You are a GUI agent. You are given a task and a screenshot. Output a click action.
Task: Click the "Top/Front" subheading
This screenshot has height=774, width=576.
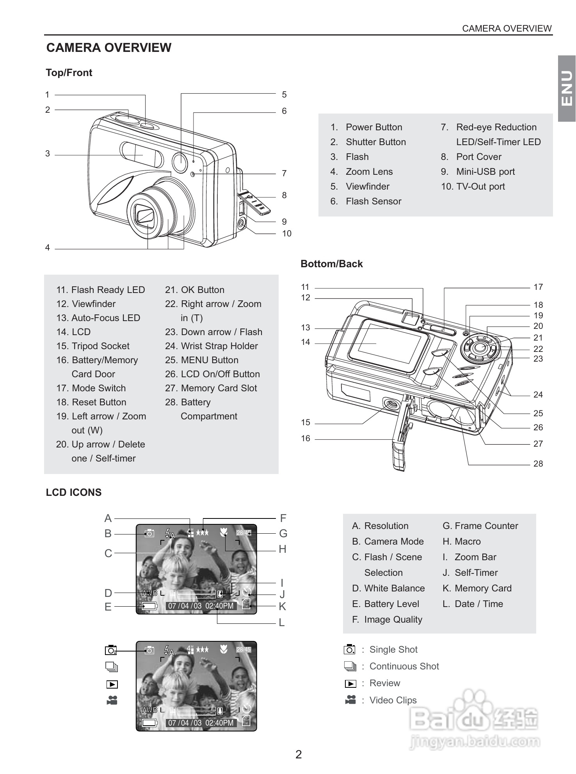(69, 73)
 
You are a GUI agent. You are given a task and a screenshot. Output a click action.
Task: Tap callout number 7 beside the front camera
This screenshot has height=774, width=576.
(284, 173)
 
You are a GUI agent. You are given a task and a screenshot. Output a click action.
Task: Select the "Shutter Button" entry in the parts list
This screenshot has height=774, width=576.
(375, 142)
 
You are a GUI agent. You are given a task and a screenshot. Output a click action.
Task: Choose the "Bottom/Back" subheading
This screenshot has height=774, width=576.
(331, 264)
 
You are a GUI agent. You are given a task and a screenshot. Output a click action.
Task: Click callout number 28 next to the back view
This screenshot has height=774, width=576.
(538, 464)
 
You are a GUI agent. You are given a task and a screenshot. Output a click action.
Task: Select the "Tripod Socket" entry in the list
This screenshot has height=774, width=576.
(100, 346)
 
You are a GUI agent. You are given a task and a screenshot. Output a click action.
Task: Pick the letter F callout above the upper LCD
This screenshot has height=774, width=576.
(283, 518)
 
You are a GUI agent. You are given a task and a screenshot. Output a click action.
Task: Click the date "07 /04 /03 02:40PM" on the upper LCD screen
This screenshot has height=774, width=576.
(201, 606)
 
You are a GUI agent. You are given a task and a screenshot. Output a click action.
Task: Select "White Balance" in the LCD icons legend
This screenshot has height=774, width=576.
(394, 588)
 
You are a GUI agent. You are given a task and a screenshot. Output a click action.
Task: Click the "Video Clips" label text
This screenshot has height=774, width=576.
(393, 700)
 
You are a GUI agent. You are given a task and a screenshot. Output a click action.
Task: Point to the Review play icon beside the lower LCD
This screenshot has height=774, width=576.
(112, 684)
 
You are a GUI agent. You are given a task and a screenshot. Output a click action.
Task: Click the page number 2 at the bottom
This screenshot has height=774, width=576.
(299, 754)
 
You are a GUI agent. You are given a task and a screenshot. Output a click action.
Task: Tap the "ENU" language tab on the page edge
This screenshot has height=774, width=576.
(567, 88)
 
